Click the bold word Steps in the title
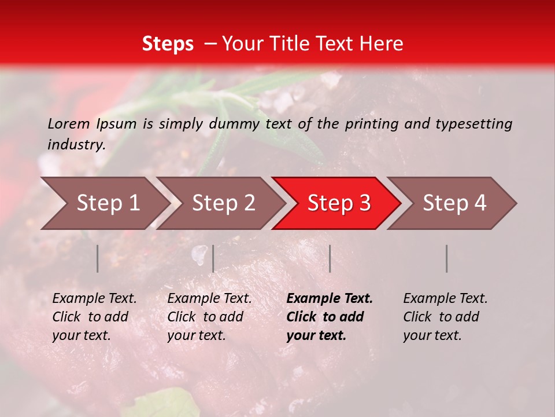pyautogui.click(x=168, y=44)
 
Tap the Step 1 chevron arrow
pyautogui.click(x=108, y=203)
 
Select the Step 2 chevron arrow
pyautogui.click(x=223, y=203)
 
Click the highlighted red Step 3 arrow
pyautogui.click(x=339, y=203)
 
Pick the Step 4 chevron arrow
pyautogui.click(x=454, y=203)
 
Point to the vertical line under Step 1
pyautogui.click(x=98, y=258)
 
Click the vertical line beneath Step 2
pyautogui.click(x=213, y=258)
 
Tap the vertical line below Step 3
pyautogui.click(x=330, y=258)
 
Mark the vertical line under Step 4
pyautogui.click(x=446, y=258)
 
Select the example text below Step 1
pyautogui.click(x=94, y=317)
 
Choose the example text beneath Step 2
pyautogui.click(x=209, y=317)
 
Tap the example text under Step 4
pyautogui.click(x=445, y=317)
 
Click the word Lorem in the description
pyautogui.click(x=69, y=123)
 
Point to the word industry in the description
pyautogui.click(x=76, y=145)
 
